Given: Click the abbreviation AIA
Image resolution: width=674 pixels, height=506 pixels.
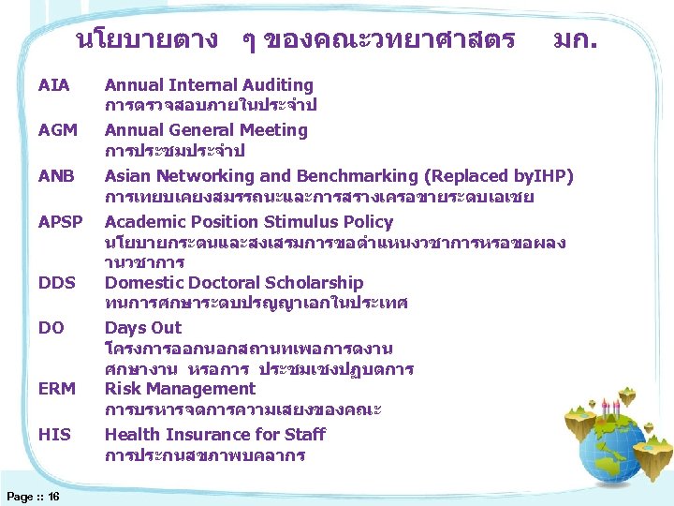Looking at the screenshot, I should (54, 85).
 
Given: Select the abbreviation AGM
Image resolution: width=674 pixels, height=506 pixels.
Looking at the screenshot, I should (58, 130).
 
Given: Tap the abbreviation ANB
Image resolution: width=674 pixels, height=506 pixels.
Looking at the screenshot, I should (57, 176).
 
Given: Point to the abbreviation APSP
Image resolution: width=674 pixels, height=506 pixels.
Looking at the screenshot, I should (61, 222).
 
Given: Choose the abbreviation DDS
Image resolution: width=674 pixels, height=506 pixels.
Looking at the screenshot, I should (57, 283).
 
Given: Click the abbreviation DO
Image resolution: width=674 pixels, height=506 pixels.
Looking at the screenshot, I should (51, 328).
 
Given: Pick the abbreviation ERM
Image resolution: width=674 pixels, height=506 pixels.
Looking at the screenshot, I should (57, 389).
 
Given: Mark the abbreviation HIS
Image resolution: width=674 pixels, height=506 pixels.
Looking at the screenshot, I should (54, 435).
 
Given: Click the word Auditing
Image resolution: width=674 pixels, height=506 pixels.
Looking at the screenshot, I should (278, 85).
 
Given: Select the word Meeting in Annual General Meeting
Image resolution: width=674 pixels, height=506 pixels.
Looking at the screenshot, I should (274, 130).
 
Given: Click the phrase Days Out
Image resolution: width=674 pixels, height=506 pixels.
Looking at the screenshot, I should (143, 328).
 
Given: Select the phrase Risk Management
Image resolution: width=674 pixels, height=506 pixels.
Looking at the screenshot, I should (180, 389).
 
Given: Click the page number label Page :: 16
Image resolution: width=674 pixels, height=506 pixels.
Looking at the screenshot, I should (34, 496).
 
